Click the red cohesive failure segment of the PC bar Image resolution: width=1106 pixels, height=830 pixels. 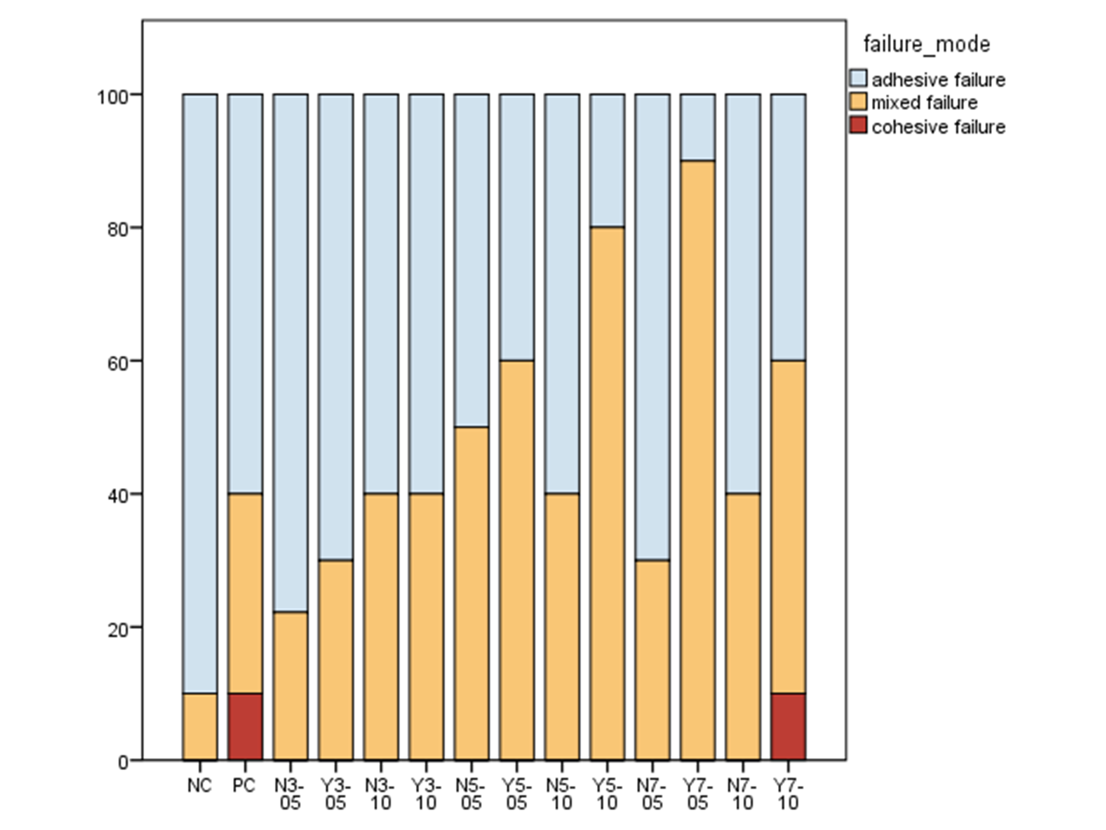pos(245,726)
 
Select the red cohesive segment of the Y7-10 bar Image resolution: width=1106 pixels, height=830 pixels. pos(788,726)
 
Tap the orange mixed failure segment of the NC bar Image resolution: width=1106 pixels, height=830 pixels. pos(200,726)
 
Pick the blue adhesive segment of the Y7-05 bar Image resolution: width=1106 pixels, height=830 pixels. pos(698,127)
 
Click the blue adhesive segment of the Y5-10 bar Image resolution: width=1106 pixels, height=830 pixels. pos(607,160)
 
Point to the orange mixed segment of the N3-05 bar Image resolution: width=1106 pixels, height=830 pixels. pos(290,685)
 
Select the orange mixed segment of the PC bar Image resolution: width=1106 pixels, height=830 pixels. pos(245,593)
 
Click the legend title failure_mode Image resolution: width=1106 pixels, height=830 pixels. pos(926,44)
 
